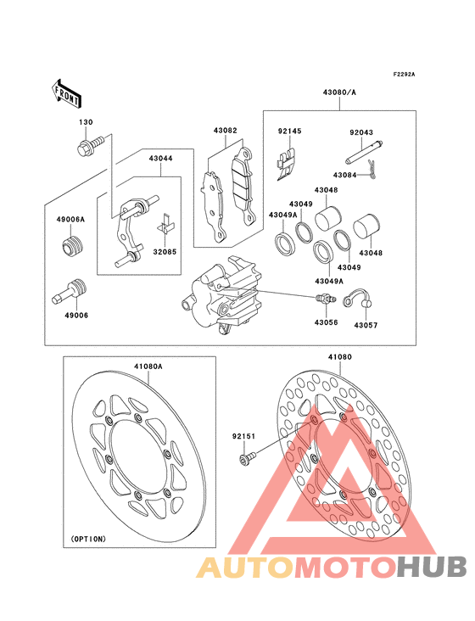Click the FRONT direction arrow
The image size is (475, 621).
[66, 93]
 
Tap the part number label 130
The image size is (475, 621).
[86, 122]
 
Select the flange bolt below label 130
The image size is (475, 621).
[90, 146]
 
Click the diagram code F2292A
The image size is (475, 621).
[404, 74]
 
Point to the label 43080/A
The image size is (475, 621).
[339, 92]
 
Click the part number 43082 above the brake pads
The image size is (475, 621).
[226, 131]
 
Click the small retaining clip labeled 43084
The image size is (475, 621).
[372, 167]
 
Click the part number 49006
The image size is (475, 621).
[76, 316]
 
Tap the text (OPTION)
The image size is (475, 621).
[89, 539]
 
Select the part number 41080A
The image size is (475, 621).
[148, 366]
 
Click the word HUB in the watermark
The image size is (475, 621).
[432, 567]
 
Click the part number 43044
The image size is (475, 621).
[160, 159]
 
